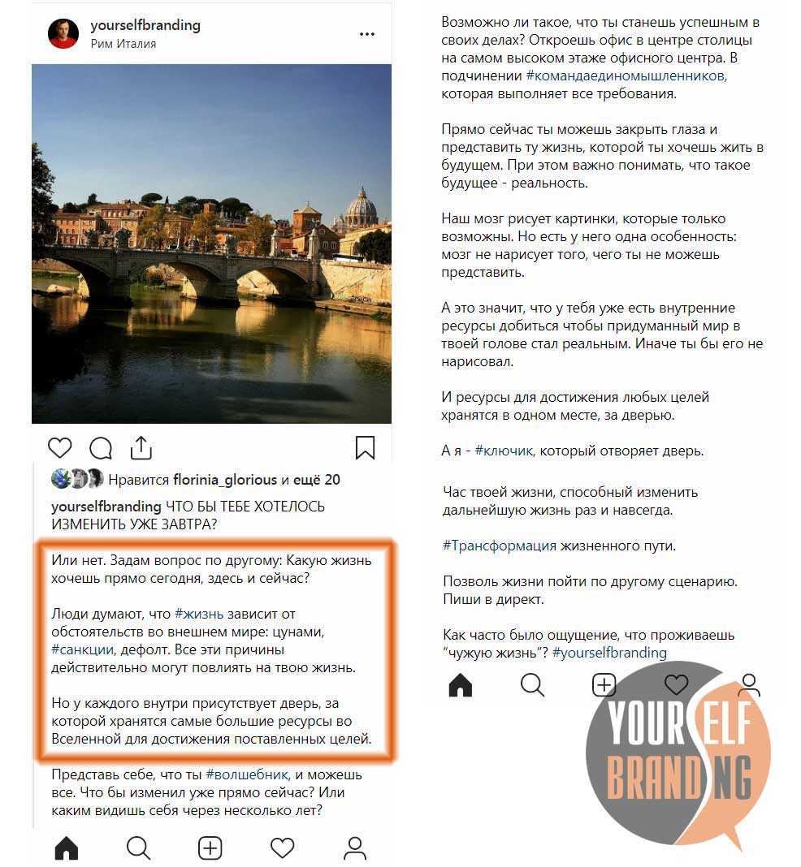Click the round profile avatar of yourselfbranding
[63, 34]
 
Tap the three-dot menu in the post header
[367, 35]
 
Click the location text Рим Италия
[123, 45]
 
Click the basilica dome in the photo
[361, 210]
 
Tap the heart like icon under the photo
[59, 448]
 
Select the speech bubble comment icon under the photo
[101, 448]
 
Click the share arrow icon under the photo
[141, 447]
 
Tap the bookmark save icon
[365, 448]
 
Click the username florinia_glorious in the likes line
[225, 480]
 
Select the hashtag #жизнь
[199, 615]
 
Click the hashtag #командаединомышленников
[626, 75]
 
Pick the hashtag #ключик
[506, 451]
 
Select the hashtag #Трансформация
[500, 546]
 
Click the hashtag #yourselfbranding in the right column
[609, 653]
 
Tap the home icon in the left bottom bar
[66, 848]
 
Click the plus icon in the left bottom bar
[210, 848]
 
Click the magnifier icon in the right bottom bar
[532, 686]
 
